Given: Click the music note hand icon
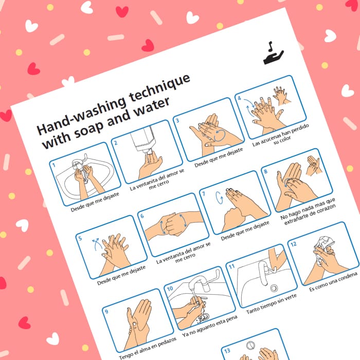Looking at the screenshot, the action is [273, 53].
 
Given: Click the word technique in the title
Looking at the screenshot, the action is [159, 88].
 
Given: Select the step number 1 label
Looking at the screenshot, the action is [54, 165].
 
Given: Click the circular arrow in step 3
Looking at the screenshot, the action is [219, 135].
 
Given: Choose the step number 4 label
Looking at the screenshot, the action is [240, 98].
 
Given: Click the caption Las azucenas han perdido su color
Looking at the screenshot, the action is [281, 136].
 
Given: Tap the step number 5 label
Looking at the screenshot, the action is [80, 238].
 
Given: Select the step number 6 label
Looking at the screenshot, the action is [142, 216].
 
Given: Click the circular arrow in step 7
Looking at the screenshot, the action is [219, 197].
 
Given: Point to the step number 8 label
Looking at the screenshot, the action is [266, 171].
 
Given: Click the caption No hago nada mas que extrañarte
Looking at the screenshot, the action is [308, 211].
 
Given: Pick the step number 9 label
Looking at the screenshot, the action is [106, 312].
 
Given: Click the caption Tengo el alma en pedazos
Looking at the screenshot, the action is [148, 348].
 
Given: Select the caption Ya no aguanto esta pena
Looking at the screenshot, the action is [210, 326].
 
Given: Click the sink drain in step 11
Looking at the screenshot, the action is [274, 288].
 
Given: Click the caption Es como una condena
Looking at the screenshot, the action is [333, 282].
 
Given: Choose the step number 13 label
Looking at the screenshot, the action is [227, 351].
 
